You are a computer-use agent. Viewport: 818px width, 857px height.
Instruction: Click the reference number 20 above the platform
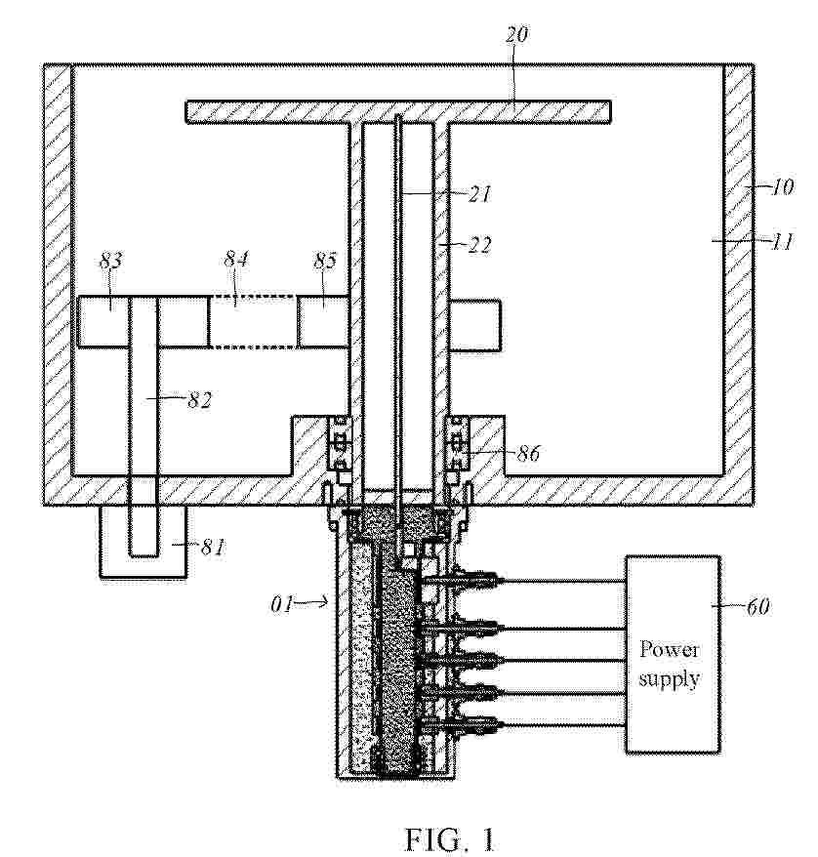click(x=516, y=34)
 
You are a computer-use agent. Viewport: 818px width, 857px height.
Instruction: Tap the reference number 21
click(x=479, y=193)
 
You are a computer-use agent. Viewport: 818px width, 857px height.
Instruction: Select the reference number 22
click(x=479, y=244)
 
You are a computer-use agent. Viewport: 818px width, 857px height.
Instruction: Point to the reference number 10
click(x=782, y=187)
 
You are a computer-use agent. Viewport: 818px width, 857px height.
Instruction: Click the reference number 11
click(x=783, y=241)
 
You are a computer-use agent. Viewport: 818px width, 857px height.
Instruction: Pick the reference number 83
click(x=110, y=261)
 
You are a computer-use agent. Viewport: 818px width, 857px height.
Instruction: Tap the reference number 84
click(x=236, y=258)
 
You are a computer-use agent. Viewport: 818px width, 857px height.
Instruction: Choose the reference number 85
click(x=325, y=261)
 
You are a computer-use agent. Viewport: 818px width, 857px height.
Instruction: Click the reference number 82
click(x=199, y=400)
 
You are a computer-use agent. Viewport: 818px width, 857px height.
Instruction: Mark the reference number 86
click(x=528, y=453)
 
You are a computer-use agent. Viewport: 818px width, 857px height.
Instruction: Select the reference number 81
click(x=213, y=546)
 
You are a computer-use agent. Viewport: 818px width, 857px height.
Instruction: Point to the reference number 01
click(x=281, y=604)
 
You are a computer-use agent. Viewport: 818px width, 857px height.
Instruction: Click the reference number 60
click(x=757, y=606)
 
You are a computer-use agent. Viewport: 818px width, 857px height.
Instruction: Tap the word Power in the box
click(x=670, y=649)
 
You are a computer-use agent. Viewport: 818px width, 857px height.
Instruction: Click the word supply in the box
click(x=670, y=679)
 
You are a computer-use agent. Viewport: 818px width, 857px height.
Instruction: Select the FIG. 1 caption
click(x=450, y=839)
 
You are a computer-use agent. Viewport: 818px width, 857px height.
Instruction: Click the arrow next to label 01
click(x=312, y=603)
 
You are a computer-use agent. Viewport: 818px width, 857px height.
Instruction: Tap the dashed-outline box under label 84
click(x=253, y=321)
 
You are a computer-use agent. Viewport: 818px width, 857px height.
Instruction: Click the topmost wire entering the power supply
click(x=563, y=581)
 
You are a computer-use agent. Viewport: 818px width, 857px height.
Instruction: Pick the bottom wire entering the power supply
click(x=563, y=726)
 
